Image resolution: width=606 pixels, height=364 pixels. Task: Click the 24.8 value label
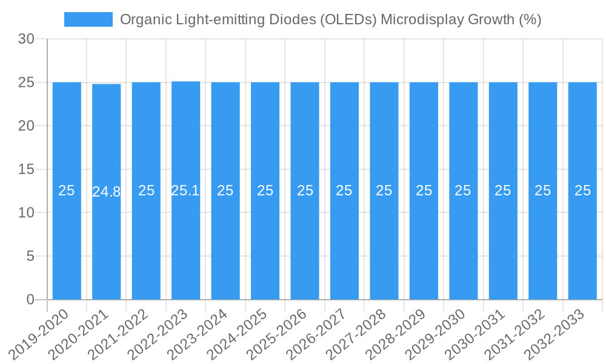[107, 192]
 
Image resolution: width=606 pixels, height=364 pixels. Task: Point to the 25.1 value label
[185, 190]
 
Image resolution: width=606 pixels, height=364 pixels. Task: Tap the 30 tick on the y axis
[26, 39]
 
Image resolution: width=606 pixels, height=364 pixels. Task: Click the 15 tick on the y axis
[26, 169]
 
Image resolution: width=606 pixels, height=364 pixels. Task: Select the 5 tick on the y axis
[30, 256]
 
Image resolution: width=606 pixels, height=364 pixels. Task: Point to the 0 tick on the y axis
[30, 300]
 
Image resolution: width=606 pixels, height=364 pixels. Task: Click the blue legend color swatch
[88, 19]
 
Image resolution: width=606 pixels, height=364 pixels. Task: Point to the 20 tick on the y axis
[26, 126]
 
